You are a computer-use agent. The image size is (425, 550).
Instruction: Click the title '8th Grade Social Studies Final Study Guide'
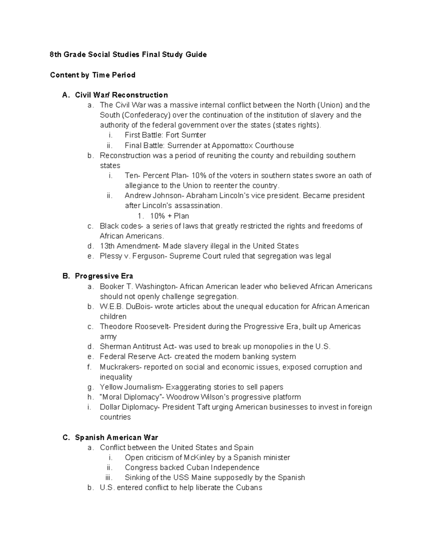128,55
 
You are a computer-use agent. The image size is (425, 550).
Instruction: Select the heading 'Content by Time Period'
93,75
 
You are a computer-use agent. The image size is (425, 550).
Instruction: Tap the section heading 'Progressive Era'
104,276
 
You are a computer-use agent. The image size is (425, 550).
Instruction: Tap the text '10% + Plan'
169,216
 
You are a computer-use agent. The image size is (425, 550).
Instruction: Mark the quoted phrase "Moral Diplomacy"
130,397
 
